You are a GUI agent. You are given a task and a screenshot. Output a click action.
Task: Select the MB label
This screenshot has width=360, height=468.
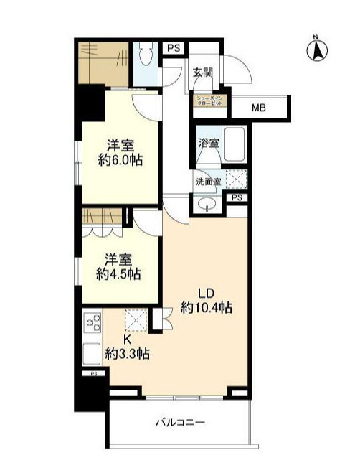coord(258,108)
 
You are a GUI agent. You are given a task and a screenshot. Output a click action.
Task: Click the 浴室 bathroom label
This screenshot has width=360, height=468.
coord(209,144)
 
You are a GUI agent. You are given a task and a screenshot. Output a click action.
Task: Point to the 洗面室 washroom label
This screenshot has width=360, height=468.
coord(209,182)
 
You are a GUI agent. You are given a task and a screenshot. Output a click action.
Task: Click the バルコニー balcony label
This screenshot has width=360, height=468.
coord(181,423)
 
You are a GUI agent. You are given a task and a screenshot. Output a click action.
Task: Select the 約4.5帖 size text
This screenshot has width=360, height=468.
coord(119,273)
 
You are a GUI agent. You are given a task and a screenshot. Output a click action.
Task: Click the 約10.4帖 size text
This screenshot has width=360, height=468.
coord(207,308)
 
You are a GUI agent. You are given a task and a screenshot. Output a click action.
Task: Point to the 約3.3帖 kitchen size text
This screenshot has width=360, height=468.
coord(127,352)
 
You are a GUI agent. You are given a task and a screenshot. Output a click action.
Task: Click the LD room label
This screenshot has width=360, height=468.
coord(206,293)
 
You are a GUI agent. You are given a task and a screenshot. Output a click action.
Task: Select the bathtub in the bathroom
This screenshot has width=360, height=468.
coord(234,144)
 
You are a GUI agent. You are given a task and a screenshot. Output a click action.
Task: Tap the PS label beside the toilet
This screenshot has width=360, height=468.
coord(173,48)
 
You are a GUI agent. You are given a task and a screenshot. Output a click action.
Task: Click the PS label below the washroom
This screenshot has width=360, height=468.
coord(236,198)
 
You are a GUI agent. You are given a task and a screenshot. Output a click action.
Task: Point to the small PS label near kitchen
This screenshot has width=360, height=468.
coord(93,374)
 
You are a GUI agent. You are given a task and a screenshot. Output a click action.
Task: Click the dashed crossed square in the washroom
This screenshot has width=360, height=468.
coord(237,179)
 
